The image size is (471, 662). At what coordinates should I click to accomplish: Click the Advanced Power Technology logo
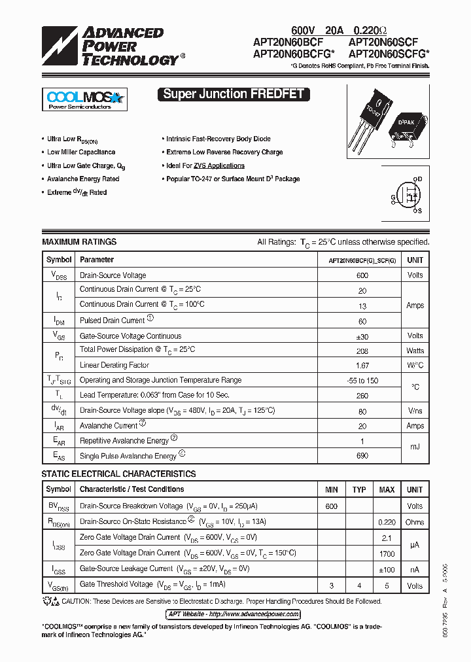pos(111,46)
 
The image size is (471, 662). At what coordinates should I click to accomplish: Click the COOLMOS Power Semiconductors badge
pos(84,99)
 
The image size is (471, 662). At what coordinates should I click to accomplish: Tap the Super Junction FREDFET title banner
pos(234,94)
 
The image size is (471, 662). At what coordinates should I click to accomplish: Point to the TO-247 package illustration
pos(370,118)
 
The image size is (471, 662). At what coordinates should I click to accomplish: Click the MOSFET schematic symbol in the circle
pos(410,195)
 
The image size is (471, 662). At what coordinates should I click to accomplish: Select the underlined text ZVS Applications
pos(219,165)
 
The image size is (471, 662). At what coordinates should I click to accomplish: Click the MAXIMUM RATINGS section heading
pos(79,242)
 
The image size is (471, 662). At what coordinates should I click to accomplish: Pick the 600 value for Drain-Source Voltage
pos(362,275)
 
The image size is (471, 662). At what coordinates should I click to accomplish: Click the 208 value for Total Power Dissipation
pos(362,351)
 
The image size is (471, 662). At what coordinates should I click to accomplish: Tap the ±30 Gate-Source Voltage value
pos(362,336)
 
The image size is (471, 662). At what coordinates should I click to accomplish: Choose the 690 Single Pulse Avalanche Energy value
pos(362,456)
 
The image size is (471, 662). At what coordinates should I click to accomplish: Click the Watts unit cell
pos(415,351)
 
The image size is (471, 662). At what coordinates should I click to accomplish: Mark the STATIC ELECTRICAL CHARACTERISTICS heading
pos(118,474)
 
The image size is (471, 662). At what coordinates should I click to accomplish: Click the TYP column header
pos(359,489)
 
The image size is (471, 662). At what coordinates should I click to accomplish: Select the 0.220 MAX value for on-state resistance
pos(387,522)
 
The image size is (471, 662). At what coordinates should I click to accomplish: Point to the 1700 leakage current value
pos(387,553)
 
